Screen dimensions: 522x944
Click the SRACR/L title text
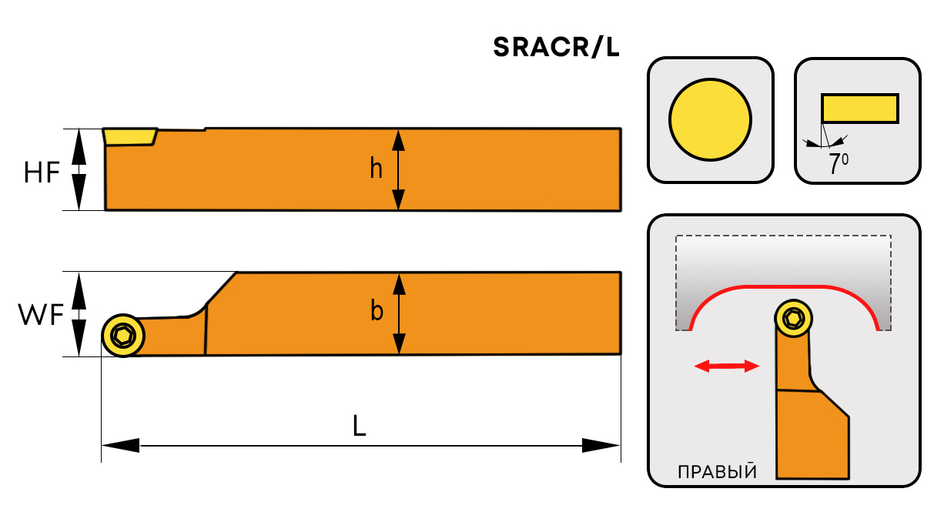click(556, 48)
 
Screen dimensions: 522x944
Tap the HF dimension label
click(41, 172)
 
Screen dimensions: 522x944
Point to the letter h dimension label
click(376, 169)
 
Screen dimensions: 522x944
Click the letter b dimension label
click(377, 312)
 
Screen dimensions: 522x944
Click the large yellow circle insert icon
click(710, 119)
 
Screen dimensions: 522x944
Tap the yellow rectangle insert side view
click(859, 108)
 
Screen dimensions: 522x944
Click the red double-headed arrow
click(726, 367)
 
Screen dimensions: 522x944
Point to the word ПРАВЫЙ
click(716, 472)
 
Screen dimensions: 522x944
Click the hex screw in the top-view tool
click(122, 335)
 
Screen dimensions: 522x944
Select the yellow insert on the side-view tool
click(129, 137)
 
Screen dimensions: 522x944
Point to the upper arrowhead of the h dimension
click(398, 139)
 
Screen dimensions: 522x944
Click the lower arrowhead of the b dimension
click(399, 345)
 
